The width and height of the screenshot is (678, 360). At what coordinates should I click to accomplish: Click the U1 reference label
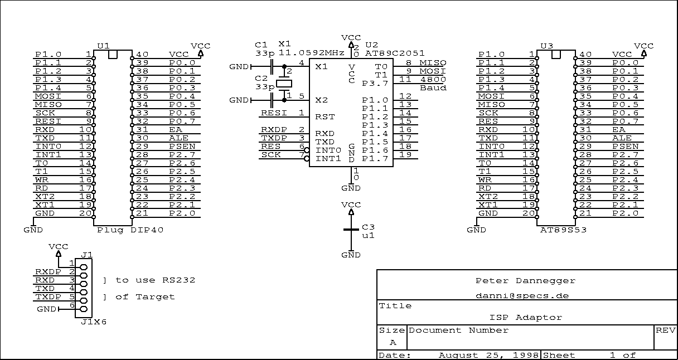pos(103,46)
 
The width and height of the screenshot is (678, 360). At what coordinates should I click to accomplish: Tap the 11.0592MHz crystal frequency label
pos(311,53)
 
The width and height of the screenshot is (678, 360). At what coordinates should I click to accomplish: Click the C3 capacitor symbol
pos(351,230)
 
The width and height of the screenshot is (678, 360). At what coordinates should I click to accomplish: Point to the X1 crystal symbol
pos(285,84)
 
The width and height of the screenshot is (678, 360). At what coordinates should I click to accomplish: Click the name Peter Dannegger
pos(525,280)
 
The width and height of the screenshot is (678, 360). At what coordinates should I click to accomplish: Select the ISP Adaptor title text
pos(526,317)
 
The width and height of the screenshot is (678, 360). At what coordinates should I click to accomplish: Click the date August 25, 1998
pos(488,355)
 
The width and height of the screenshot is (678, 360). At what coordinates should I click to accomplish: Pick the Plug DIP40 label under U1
pos(130,230)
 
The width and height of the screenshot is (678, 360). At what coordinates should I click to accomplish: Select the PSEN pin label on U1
pos(182,146)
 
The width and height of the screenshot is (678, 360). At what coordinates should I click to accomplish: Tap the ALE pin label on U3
pos(622,138)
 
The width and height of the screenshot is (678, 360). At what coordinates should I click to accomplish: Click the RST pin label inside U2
pos(325,116)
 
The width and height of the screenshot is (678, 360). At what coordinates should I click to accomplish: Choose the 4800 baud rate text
pos(433,79)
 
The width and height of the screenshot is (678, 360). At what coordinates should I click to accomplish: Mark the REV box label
pos(666,330)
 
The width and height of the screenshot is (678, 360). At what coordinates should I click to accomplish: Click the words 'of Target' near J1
pos(145,296)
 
